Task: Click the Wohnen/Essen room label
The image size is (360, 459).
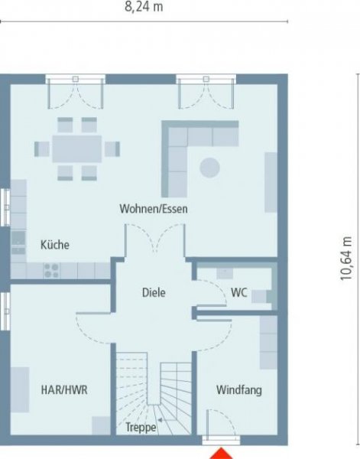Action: [x=154, y=208]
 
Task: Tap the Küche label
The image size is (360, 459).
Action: [x=55, y=245]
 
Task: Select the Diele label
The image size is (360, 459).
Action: [x=154, y=292]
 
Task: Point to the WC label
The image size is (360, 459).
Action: [x=238, y=291]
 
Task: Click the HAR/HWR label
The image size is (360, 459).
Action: [x=64, y=389]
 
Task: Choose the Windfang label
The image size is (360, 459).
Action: [x=239, y=390]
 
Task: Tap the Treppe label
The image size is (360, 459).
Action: [x=141, y=428]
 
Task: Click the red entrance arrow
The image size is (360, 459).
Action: [x=222, y=452]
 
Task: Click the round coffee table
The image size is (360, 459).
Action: [x=209, y=166]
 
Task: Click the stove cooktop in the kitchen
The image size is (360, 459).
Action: [x=52, y=270]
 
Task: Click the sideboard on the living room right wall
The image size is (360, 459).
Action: [x=271, y=181]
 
